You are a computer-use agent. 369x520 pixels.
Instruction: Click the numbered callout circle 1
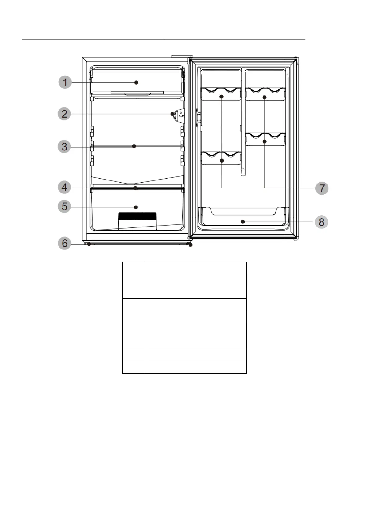click(65, 82)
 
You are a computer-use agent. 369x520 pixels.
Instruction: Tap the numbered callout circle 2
click(64, 114)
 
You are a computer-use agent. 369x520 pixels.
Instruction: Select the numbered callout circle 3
click(64, 147)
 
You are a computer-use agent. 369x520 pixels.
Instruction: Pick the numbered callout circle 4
click(64, 188)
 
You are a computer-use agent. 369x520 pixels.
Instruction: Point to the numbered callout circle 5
click(64, 207)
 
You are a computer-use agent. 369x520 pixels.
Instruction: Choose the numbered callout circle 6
click(64, 243)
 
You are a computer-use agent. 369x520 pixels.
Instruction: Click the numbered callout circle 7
click(322, 188)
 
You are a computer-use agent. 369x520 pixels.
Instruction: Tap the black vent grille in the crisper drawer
click(137, 216)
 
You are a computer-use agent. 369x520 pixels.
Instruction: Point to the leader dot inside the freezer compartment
click(136, 82)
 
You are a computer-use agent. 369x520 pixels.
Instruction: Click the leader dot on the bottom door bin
click(243, 222)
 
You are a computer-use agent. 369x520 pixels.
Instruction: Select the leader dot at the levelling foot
click(190, 245)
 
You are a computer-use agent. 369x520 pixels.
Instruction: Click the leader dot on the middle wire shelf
click(134, 146)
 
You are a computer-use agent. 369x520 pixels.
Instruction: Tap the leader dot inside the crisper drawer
click(136, 207)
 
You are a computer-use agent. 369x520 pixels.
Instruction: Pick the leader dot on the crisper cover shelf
click(136, 188)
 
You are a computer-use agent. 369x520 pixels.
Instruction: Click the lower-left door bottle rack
click(221, 158)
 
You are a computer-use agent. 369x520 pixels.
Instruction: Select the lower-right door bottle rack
click(265, 139)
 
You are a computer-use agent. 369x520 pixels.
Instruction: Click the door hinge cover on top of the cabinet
click(182, 56)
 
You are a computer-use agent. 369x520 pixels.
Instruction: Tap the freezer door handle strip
click(137, 93)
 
